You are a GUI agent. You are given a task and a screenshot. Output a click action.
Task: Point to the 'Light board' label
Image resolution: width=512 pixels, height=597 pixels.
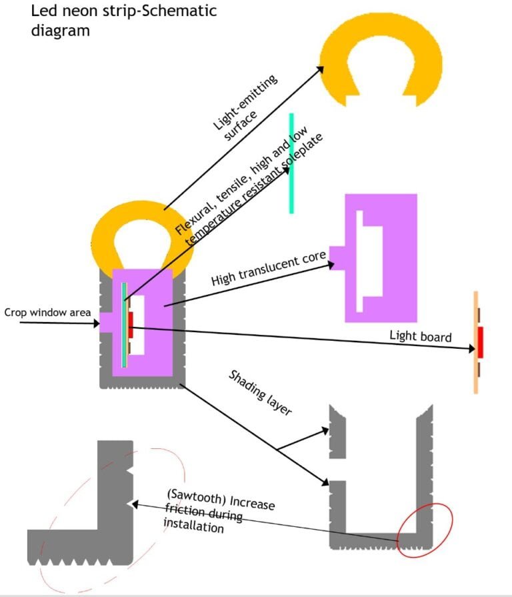pyautogui.click(x=420, y=335)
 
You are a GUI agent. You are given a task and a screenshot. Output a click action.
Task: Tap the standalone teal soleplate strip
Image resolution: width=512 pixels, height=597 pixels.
pyautogui.click(x=291, y=163)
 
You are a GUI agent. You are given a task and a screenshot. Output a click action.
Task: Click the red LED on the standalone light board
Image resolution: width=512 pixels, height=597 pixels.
pyautogui.click(x=481, y=342)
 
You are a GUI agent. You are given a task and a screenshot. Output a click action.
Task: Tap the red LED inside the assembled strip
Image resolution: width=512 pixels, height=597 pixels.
pyautogui.click(x=131, y=325)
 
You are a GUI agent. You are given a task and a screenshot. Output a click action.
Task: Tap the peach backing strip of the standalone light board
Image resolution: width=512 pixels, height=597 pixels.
pyautogui.click(x=475, y=374)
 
